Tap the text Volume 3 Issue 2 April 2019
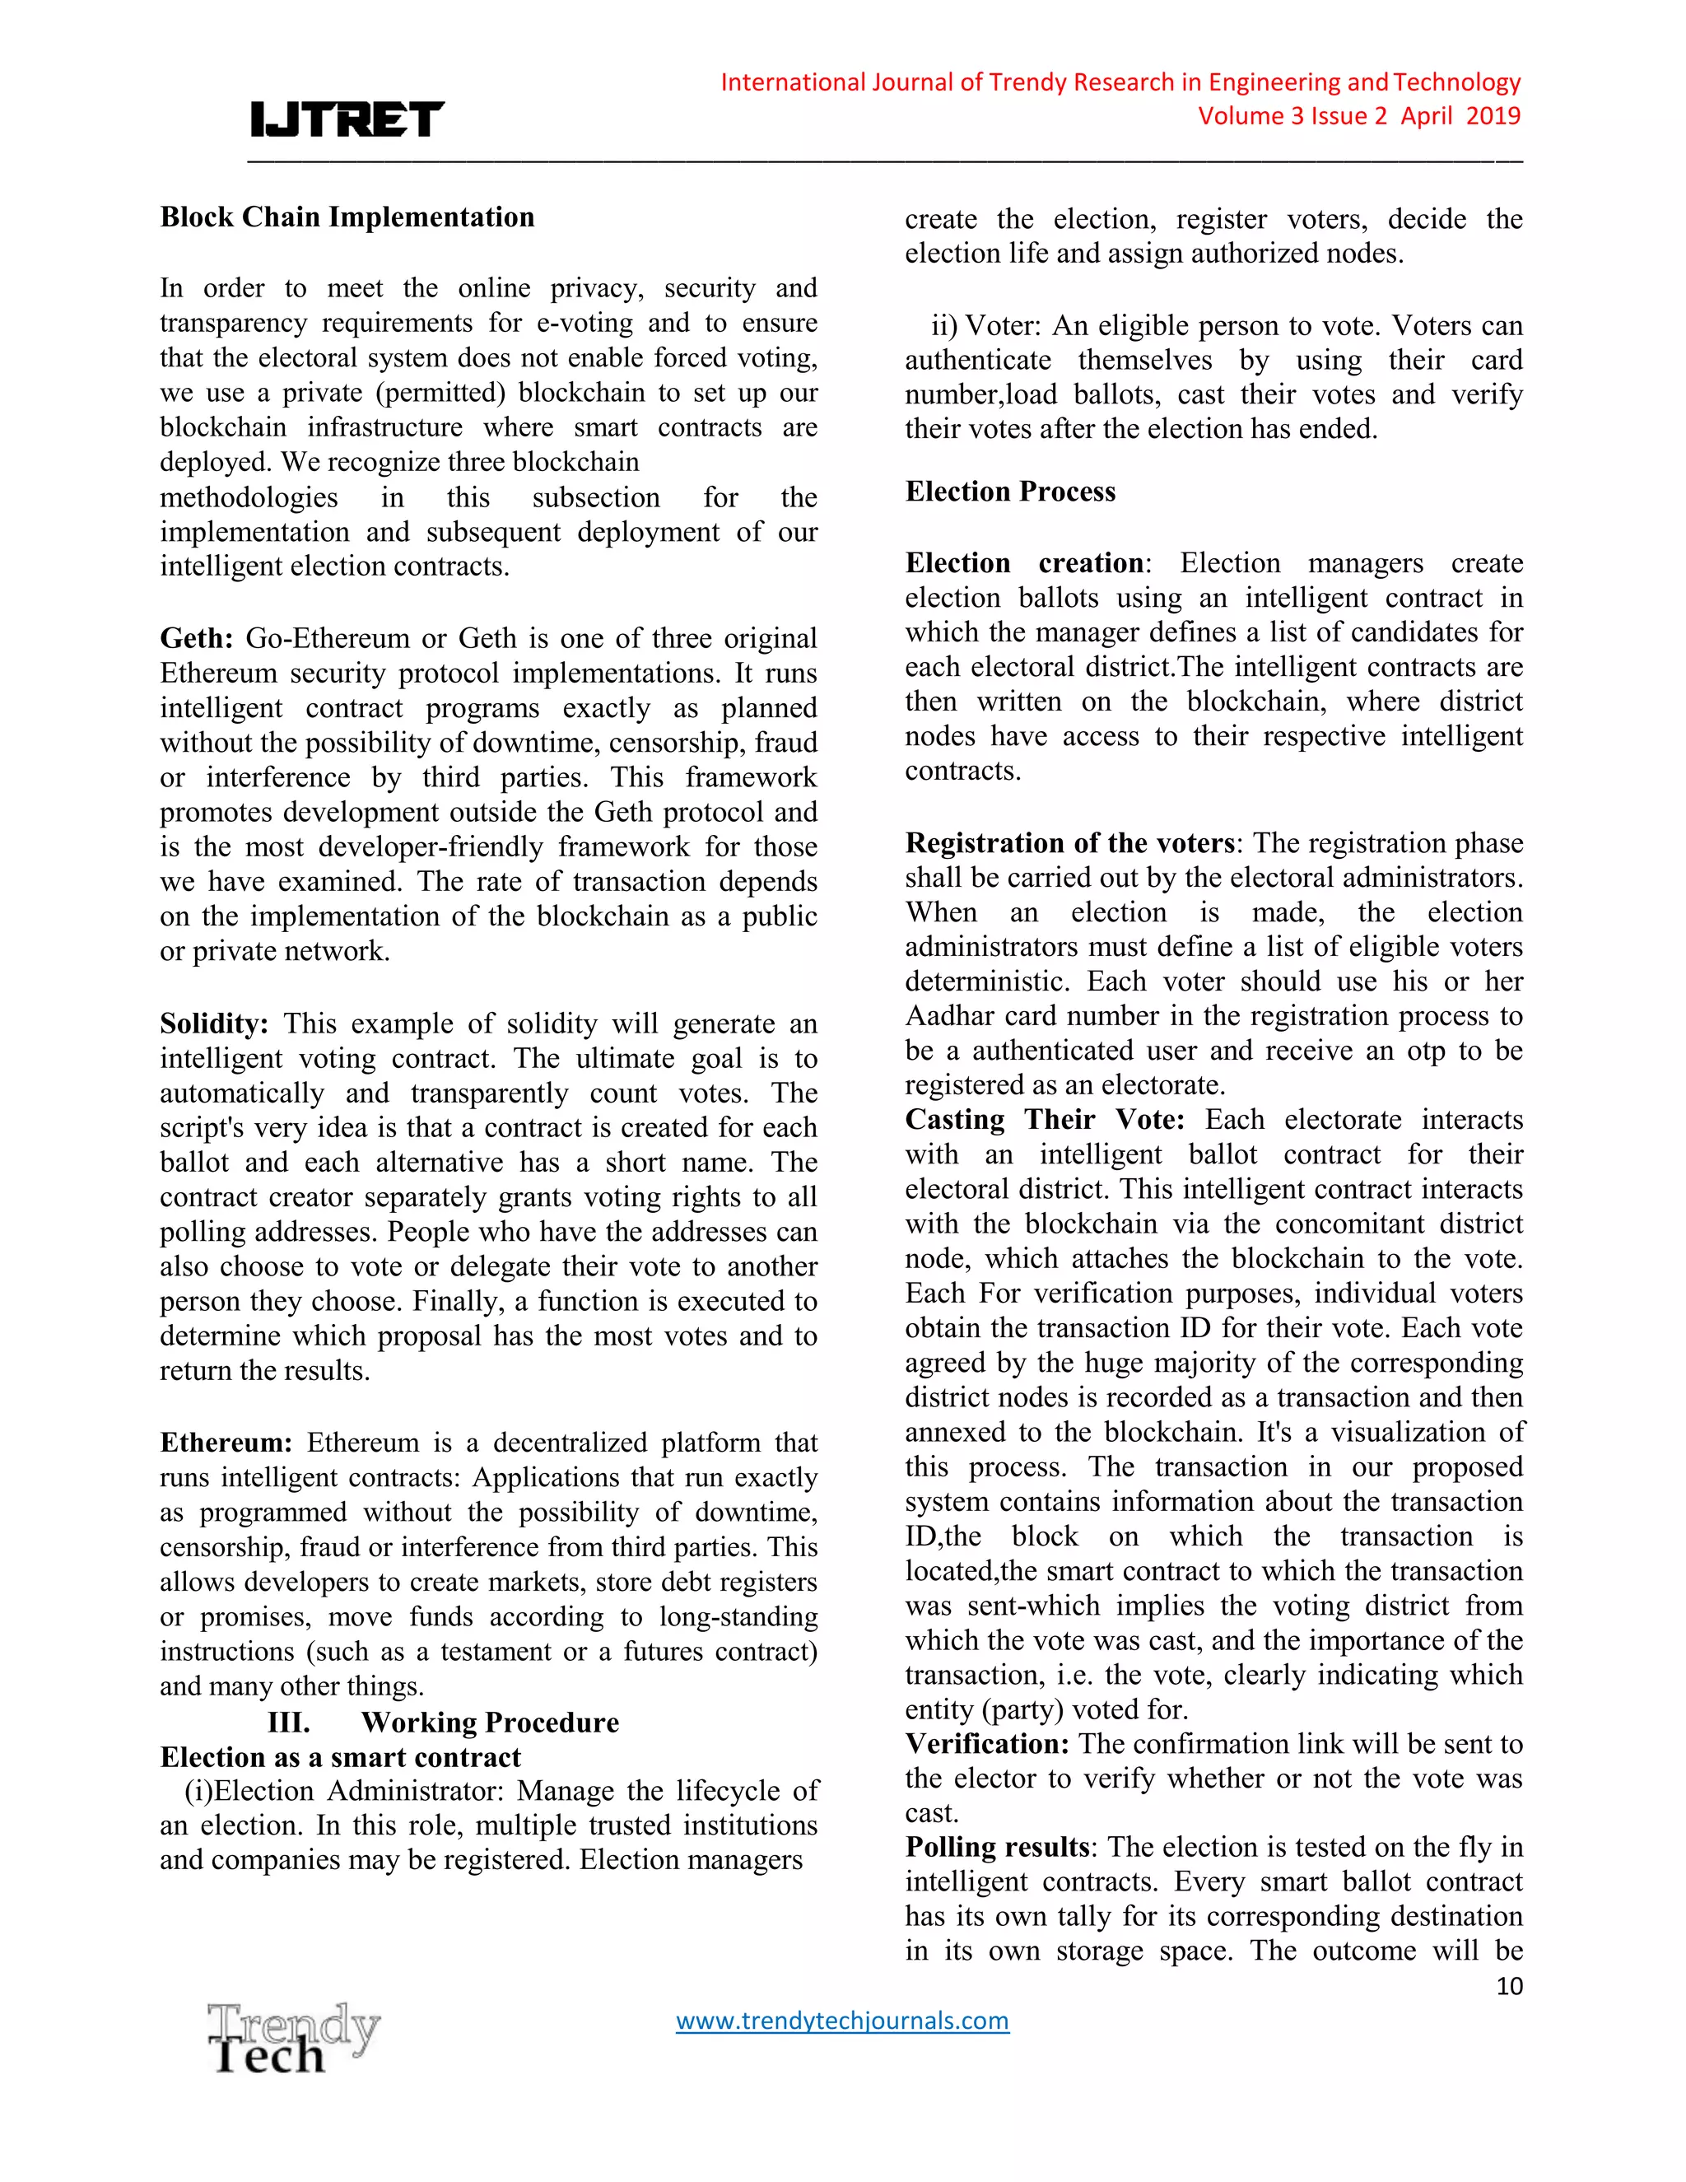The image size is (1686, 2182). tap(1358, 116)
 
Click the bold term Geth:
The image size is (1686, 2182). tap(196, 638)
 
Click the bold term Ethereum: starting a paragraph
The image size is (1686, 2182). tap(226, 1443)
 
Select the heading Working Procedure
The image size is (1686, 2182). tap(490, 1723)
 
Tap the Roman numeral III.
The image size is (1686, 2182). tap(289, 1723)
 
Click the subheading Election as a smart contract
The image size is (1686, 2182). tap(340, 1757)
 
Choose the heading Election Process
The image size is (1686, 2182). tap(1010, 492)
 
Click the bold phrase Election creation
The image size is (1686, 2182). tap(1024, 563)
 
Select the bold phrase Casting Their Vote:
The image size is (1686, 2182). tap(1044, 1120)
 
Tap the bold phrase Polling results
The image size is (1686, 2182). tap(997, 1848)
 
